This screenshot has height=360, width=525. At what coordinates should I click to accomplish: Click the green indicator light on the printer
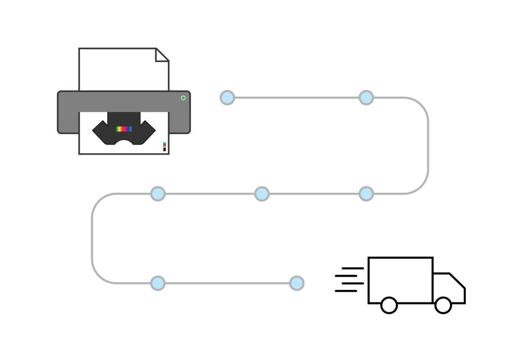coord(183,98)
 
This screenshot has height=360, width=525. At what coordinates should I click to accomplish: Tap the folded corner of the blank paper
coord(162,55)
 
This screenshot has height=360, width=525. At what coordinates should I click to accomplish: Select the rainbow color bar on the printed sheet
coord(124,129)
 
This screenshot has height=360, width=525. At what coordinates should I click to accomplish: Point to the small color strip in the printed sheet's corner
coord(165,147)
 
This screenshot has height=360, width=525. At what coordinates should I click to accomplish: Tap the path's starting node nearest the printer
coord(227,98)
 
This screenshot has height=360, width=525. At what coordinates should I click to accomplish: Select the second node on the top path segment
coord(366,98)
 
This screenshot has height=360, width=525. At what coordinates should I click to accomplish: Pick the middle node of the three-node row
coord(262,194)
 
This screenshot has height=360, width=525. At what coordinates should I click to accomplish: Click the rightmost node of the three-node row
coord(366,194)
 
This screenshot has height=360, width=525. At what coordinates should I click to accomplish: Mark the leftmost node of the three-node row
coord(158,194)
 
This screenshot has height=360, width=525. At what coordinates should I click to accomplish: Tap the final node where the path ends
coord(297,283)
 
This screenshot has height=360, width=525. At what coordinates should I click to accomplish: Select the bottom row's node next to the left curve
coord(158,283)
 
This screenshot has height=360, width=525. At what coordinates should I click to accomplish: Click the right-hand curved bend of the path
coord(428,146)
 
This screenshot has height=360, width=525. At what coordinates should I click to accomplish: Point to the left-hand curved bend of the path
coord(93,239)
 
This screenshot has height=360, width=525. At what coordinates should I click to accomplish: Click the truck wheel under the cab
coord(443,305)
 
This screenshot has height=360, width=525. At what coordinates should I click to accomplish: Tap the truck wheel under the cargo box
coord(389,305)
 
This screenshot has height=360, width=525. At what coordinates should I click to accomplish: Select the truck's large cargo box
coord(400,279)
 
